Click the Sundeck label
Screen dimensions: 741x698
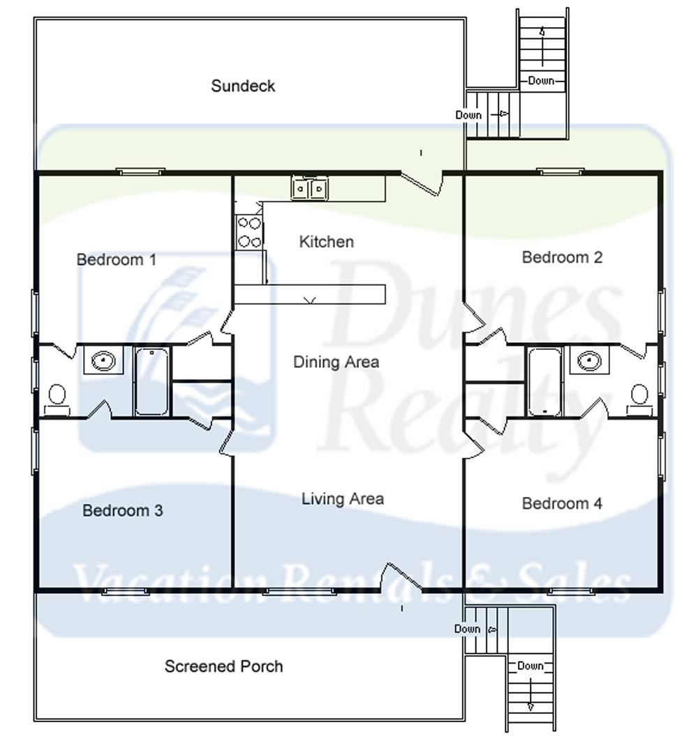coord(243,86)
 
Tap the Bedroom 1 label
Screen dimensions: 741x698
coord(116,259)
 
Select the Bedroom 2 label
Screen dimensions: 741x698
coord(562,257)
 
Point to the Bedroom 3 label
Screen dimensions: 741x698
coord(122,510)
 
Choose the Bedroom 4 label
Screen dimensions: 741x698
coord(562,503)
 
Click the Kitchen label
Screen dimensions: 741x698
coord(326,242)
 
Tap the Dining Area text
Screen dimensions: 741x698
coord(336,362)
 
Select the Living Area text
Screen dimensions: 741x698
coord(342,499)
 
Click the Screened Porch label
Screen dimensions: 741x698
coord(223,666)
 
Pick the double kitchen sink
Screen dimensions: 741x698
coord(310,188)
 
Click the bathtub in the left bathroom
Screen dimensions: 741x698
coord(152,381)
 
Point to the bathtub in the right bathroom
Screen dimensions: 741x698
coord(544,381)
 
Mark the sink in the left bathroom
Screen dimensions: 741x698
coord(103,360)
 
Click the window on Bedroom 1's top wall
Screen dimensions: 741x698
coord(140,171)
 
